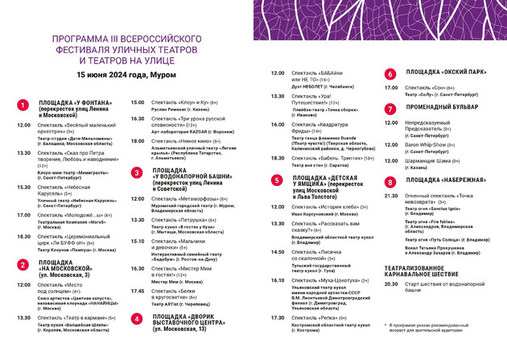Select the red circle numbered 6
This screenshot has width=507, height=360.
[x=390, y=72]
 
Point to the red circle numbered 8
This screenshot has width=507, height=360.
[x=390, y=181]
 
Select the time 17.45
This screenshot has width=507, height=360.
[x=138, y=291]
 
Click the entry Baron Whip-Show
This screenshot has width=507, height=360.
[x=431, y=145]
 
